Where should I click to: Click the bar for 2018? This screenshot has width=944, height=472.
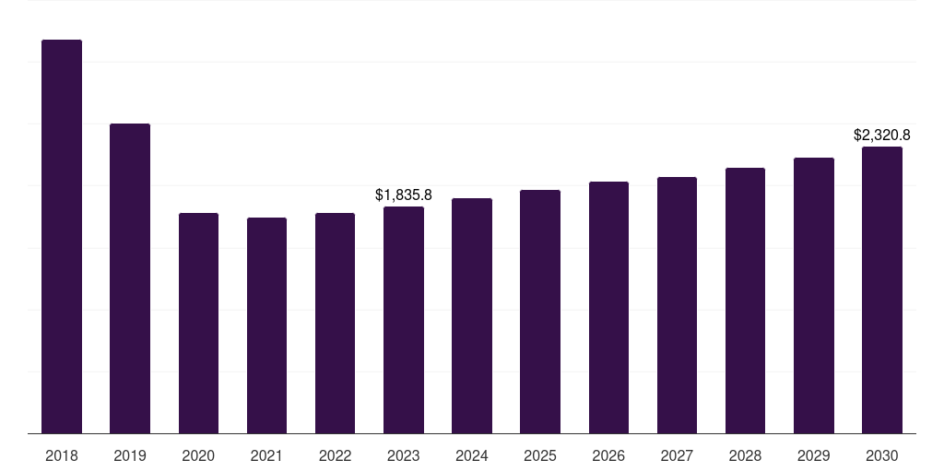[x=62, y=237]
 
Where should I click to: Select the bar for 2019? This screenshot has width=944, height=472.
[x=130, y=278]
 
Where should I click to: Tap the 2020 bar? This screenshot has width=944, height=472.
[x=199, y=324]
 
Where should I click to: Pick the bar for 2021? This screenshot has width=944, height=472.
[x=266, y=325]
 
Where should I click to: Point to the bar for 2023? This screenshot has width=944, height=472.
[x=404, y=320]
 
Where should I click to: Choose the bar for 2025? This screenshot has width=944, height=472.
[x=540, y=312]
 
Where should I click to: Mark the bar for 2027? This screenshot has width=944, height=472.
[x=677, y=305]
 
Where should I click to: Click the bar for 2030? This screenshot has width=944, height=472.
[x=882, y=290]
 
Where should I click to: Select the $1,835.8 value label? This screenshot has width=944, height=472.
[x=404, y=195]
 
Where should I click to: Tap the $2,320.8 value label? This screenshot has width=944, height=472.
[x=882, y=136]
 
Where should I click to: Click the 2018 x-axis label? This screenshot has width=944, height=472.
[x=62, y=456]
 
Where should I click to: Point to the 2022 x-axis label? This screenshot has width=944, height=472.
[x=335, y=456]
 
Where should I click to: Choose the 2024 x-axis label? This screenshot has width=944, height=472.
[x=471, y=456]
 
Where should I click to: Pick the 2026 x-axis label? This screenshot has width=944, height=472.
[x=608, y=456]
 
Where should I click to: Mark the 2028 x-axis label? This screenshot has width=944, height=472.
[x=745, y=456]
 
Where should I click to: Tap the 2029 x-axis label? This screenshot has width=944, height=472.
[x=813, y=456]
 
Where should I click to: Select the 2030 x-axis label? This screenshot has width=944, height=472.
[x=882, y=456]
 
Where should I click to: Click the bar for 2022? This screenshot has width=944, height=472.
[x=335, y=324]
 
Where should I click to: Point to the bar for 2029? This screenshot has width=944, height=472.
[x=814, y=296]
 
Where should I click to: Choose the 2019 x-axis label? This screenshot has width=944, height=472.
[x=130, y=456]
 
